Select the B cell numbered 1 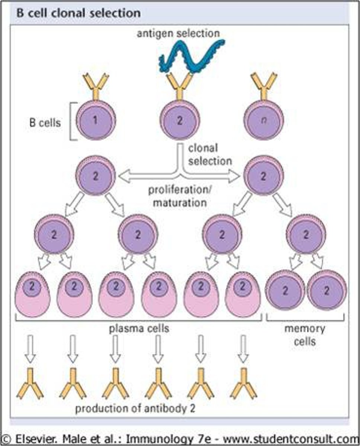(x=96, y=121)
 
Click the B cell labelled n (x=264, y=121)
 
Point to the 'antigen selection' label (x=178, y=33)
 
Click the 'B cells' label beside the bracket (x=45, y=123)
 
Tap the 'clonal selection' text (x=209, y=155)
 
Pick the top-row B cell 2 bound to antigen (x=180, y=121)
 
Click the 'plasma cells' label (x=139, y=329)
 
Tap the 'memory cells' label (x=305, y=334)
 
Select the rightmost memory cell (x=327, y=290)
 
